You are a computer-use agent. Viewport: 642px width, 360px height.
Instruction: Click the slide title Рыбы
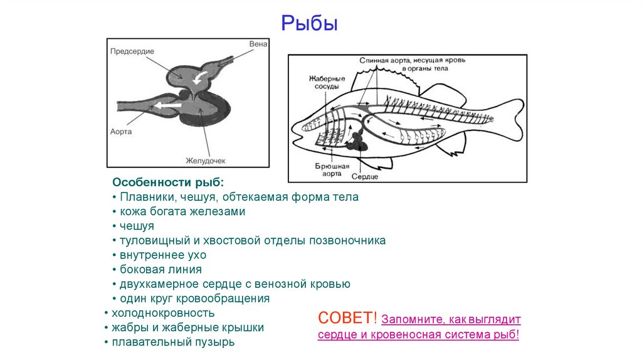coord(309,24)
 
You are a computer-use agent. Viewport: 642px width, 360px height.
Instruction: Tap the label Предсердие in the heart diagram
coord(132,51)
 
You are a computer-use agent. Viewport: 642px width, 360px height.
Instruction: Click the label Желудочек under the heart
coord(205,161)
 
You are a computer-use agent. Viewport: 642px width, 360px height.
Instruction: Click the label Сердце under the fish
coord(364,177)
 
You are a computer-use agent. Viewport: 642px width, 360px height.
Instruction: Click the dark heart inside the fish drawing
coord(358,140)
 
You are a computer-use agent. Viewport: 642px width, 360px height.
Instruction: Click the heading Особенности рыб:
coord(167,183)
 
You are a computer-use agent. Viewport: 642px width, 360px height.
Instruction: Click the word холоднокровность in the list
coord(163,313)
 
